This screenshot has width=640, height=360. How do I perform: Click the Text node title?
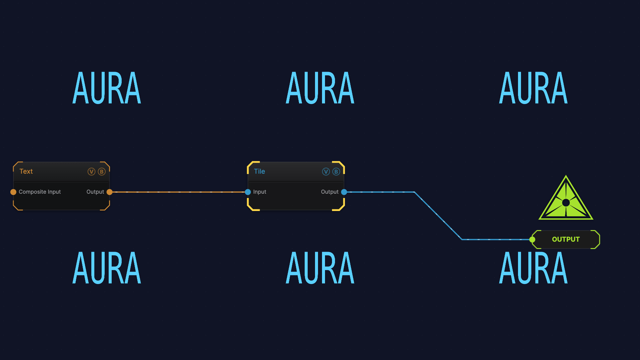point(26,171)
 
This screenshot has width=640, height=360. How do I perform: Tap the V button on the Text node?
point(91,172)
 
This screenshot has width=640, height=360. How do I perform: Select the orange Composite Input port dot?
point(13,192)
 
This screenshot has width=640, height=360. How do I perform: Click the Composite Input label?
point(40,192)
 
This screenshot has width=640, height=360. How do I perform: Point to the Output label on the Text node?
point(95,192)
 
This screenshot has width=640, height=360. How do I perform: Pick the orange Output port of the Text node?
point(109,192)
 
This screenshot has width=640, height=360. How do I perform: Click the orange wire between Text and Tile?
point(179,192)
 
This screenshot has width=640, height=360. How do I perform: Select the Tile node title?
point(259,171)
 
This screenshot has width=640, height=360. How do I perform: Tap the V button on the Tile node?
point(326,172)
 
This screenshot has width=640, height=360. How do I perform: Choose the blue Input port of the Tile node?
point(248,192)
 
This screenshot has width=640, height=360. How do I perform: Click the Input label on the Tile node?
point(260,192)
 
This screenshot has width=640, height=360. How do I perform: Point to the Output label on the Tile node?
point(330,192)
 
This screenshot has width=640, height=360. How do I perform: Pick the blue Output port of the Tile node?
point(344,192)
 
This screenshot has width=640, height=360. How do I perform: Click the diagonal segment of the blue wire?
point(438,216)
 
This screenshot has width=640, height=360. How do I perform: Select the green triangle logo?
point(566,198)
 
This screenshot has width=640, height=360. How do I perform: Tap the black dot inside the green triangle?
point(566,203)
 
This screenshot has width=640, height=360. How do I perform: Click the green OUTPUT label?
point(566,239)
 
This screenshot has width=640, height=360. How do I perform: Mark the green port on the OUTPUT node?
point(532,240)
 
